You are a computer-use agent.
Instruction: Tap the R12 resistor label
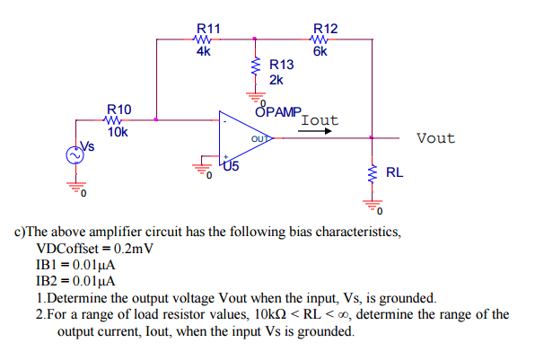[324, 30]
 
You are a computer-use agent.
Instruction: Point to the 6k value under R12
[321, 51]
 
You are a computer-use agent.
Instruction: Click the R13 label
[281, 65]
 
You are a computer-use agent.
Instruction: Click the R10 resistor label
[119, 110]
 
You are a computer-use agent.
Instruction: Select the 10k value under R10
[118, 131]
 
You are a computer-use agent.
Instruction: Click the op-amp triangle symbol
[241, 139]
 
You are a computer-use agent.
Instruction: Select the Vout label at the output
[435, 138]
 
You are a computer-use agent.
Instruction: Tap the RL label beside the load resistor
[395, 171]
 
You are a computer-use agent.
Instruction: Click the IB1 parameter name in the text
[49, 265]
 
